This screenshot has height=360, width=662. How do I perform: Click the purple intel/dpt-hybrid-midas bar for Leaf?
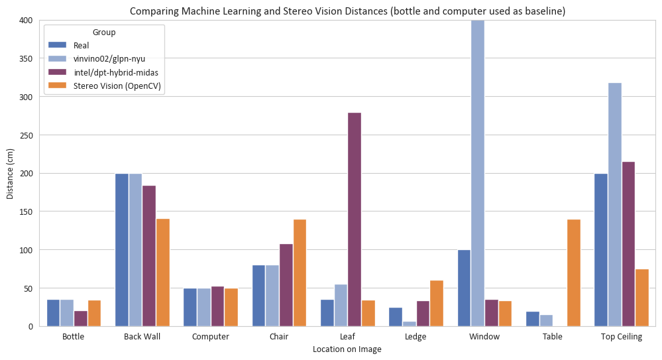[355, 219]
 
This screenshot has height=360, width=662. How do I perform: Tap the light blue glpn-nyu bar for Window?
[477, 173]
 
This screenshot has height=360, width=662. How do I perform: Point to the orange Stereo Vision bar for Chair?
[300, 272]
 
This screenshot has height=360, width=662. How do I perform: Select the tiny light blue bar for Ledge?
[409, 324]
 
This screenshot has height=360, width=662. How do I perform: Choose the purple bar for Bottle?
[81, 318]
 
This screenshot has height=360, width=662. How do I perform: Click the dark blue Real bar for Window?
[464, 288]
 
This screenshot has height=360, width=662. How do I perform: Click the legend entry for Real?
[81, 45]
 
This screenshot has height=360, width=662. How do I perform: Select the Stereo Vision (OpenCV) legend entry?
[117, 86]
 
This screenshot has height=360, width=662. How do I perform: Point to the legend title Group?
[105, 32]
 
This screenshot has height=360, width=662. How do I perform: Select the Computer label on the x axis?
[210, 337]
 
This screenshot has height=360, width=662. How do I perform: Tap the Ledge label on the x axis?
[415, 337]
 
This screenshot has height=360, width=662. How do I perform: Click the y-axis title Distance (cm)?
[9, 174]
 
